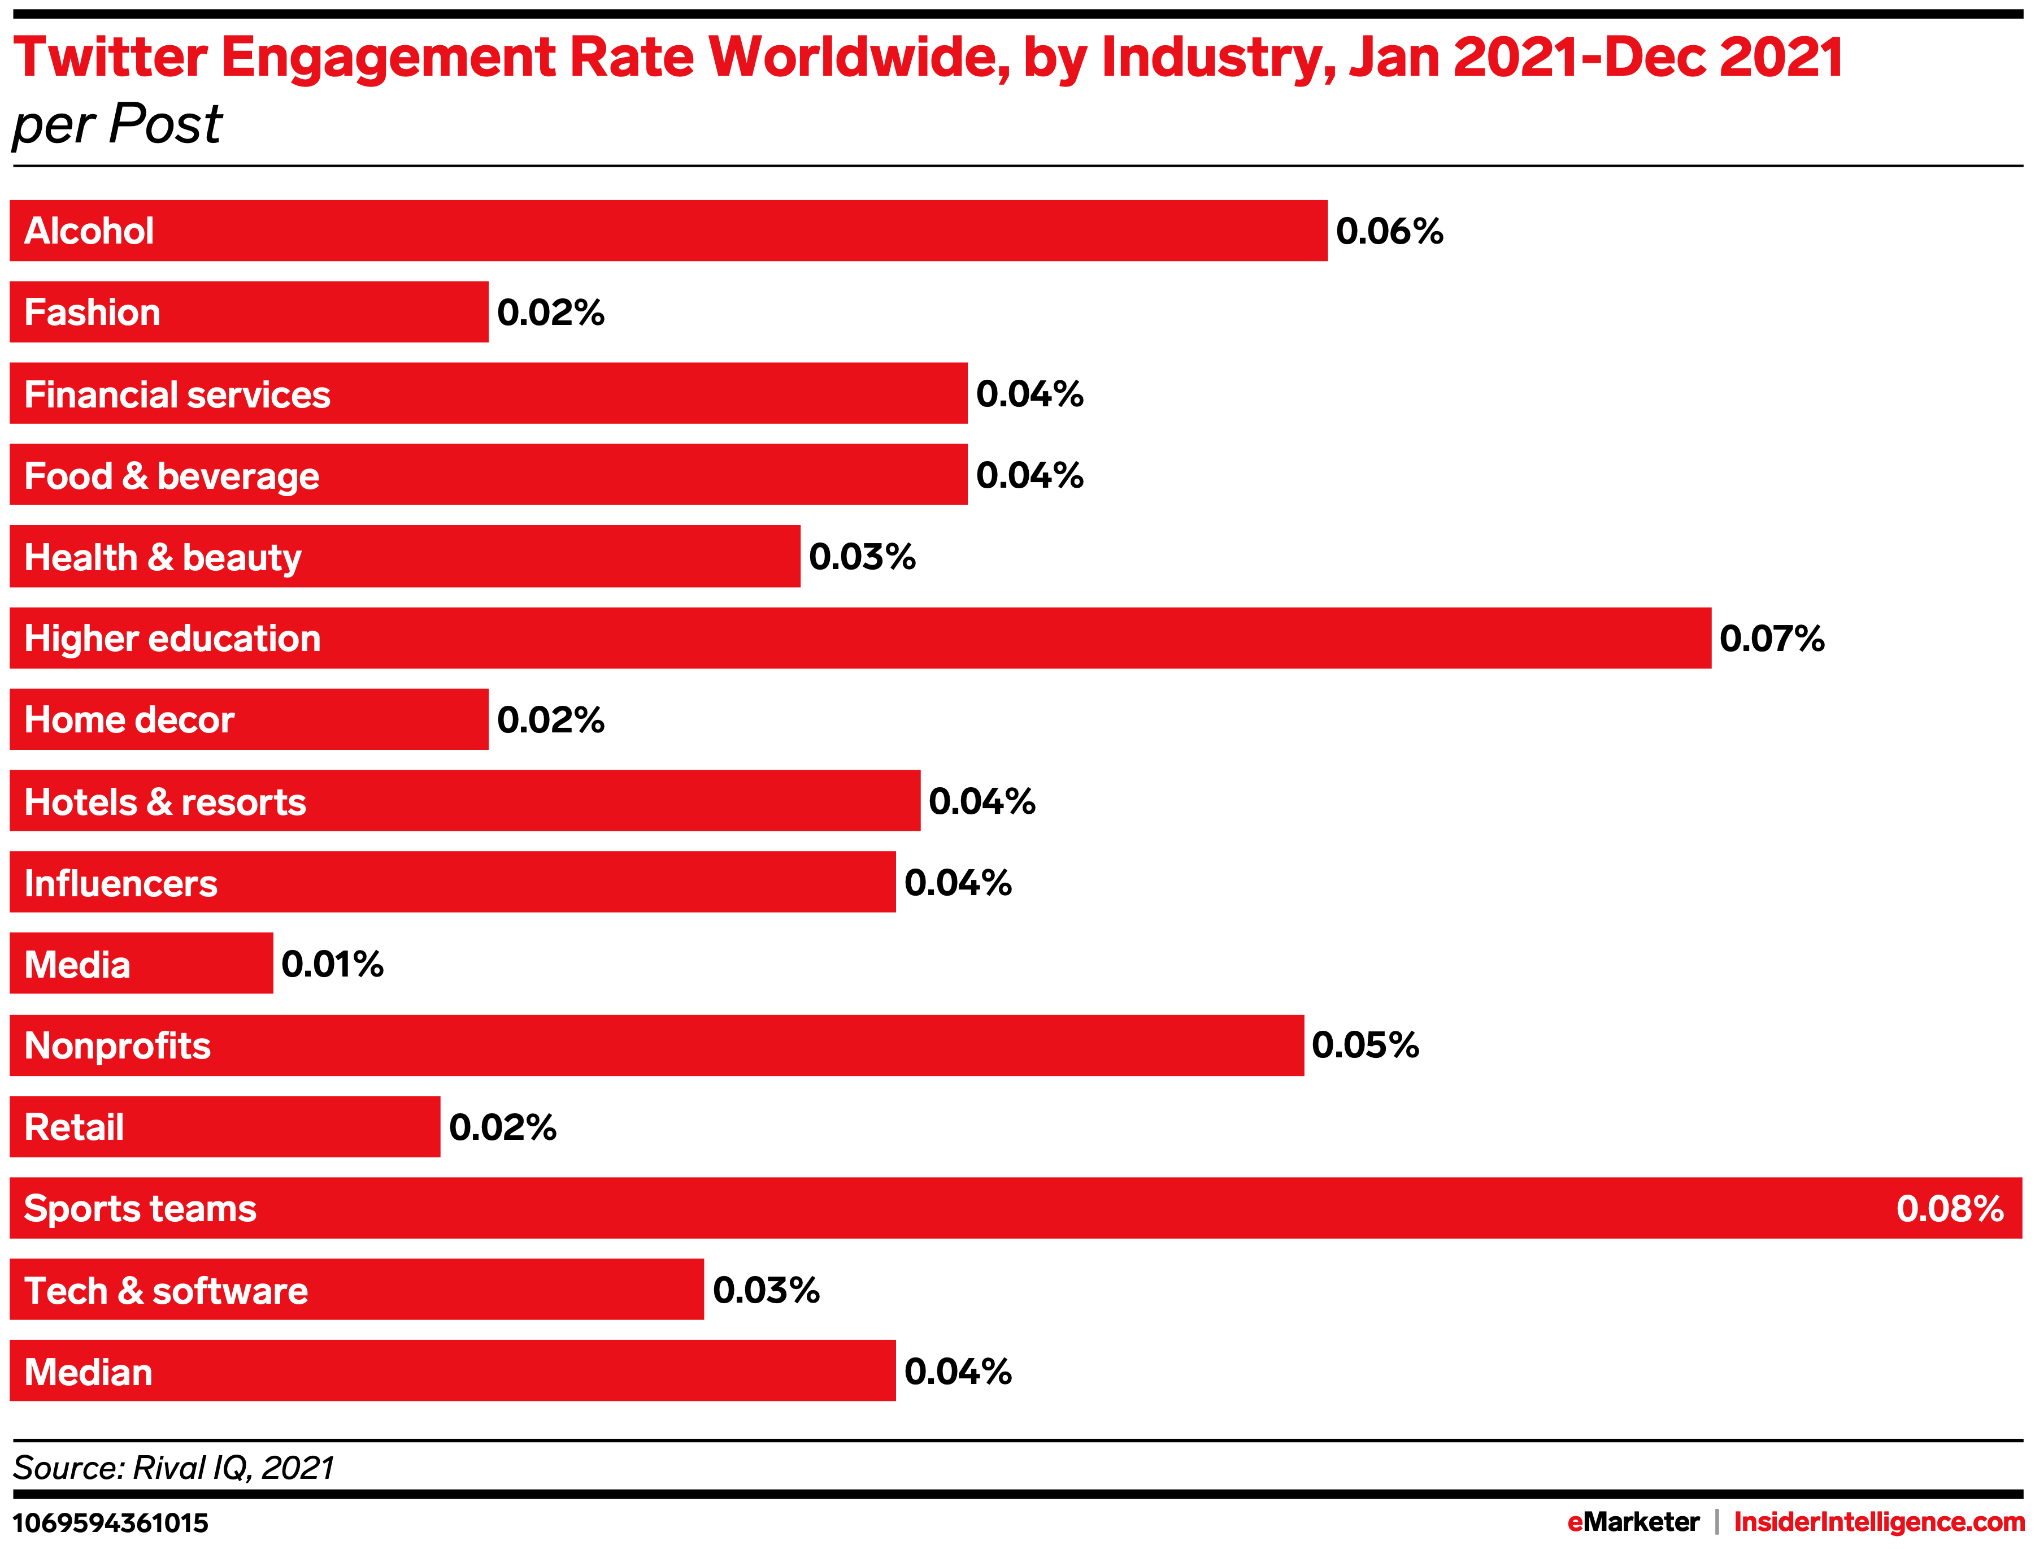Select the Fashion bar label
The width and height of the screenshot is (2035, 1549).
[92, 313]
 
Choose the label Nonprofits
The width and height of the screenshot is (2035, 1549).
[117, 1045]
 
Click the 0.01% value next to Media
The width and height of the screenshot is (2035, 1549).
[332, 965]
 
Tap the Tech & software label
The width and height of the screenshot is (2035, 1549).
[166, 1290]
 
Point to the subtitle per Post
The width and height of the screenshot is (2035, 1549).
[117, 124]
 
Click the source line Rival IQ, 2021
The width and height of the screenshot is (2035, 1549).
[173, 1467]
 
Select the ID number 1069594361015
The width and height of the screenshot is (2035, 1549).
[111, 1522]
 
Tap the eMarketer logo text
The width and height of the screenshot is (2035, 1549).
[1633, 1521]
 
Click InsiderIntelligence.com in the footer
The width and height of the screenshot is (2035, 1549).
[1879, 1521]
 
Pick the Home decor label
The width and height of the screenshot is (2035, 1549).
[129, 720]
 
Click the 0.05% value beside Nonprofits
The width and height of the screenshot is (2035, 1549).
[1365, 1045]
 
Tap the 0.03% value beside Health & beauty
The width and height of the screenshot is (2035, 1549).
[862, 557]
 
